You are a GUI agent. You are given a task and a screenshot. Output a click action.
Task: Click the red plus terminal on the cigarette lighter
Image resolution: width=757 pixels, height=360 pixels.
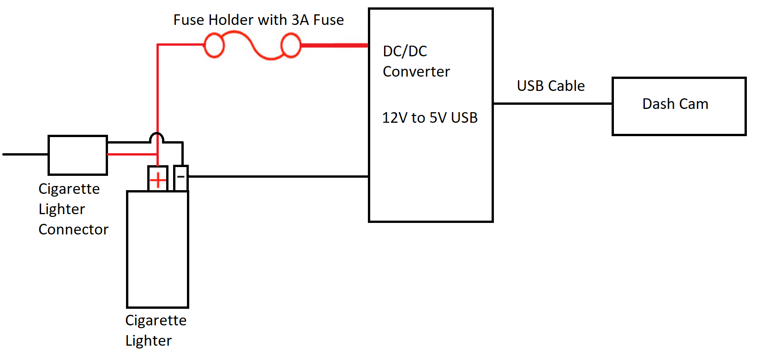tap(158, 179)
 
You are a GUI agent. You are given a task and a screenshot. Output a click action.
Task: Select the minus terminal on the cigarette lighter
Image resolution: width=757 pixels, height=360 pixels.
tap(181, 177)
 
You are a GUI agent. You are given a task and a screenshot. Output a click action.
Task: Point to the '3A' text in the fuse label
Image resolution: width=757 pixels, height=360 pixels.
tap(300, 20)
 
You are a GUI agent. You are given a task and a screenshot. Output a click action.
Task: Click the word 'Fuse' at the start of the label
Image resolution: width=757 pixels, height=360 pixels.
tap(189, 20)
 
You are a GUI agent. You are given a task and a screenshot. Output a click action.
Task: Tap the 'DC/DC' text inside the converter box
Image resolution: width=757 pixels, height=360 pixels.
tap(405, 51)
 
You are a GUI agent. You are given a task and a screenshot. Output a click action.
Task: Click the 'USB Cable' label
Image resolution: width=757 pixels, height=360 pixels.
tap(551, 86)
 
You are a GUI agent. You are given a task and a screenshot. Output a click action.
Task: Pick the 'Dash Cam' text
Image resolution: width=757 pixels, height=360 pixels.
tap(675, 104)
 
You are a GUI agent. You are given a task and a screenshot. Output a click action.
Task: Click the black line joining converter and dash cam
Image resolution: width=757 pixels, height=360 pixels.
tap(553, 103)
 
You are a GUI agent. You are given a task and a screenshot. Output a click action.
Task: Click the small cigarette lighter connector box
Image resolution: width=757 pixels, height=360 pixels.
tap(78, 156)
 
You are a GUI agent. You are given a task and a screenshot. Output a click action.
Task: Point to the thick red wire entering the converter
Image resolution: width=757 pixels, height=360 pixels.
tap(335, 45)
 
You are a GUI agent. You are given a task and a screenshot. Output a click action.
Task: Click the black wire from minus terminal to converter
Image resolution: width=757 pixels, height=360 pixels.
tap(277, 176)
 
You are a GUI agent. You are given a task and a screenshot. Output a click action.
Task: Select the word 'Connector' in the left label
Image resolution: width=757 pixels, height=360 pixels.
tap(73, 229)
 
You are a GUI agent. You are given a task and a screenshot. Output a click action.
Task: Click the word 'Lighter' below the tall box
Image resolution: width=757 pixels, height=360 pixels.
tap(148, 341)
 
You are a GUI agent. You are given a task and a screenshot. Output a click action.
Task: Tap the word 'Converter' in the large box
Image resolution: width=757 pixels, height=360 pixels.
tap(416, 72)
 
